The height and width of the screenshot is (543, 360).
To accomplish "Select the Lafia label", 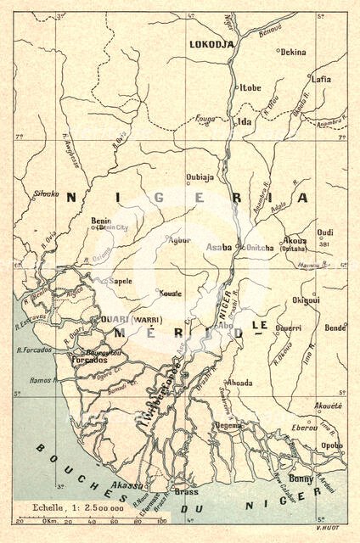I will tap(321, 79).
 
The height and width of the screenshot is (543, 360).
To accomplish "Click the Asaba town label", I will tap(218, 247).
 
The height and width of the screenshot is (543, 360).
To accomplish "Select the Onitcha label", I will tap(259, 247).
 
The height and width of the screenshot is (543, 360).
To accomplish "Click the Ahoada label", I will tap(239, 383).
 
